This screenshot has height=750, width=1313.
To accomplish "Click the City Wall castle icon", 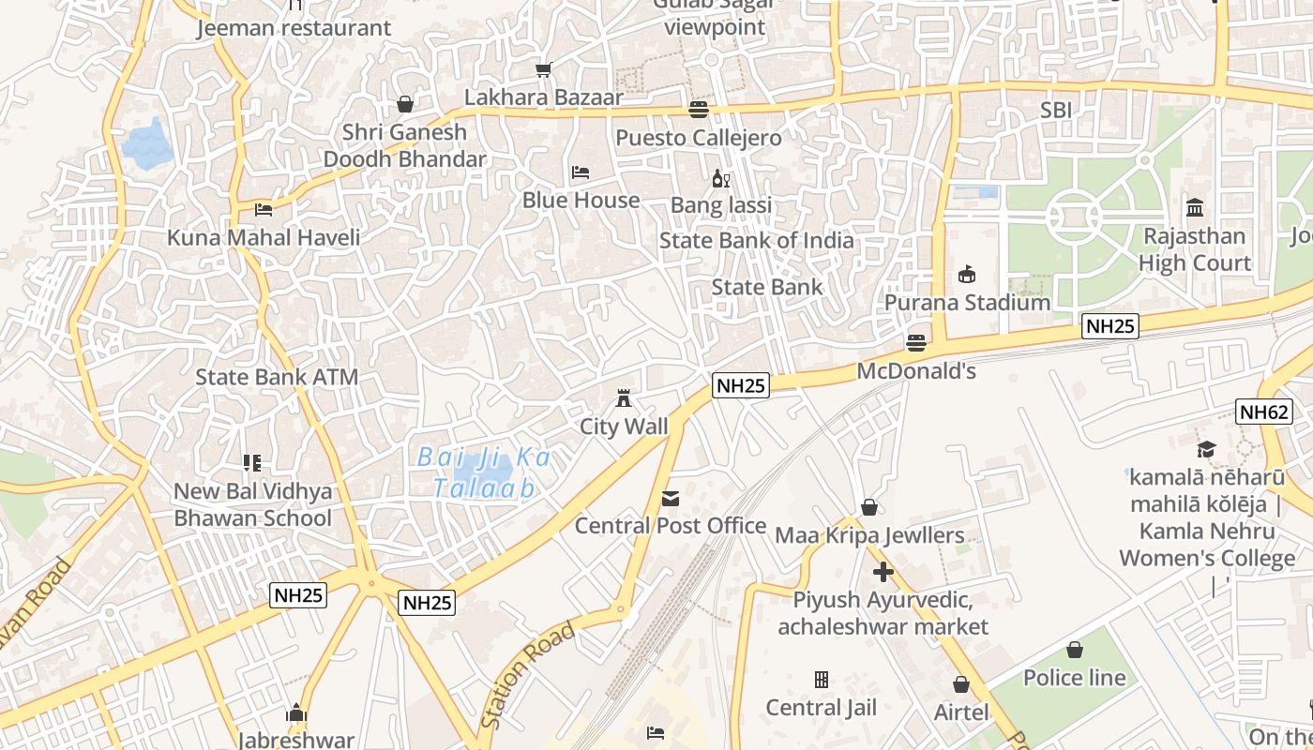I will (623, 399).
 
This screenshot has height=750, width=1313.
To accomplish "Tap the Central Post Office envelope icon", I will (671, 499).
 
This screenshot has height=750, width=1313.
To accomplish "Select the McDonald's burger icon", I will (916, 343).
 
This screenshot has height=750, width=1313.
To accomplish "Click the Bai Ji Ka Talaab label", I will (484, 472).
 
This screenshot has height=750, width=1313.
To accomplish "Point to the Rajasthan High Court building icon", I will (1195, 207).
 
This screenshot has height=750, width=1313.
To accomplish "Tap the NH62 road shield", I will (1264, 412).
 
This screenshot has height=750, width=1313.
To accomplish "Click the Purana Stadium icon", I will (967, 275).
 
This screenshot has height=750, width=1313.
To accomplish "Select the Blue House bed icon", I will (581, 172).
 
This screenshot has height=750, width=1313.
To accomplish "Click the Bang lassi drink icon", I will (720, 178).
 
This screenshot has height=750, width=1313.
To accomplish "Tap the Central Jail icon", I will (822, 679).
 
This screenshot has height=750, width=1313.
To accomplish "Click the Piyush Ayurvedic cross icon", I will (883, 571).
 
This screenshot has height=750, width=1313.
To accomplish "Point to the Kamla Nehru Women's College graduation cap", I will (1206, 450).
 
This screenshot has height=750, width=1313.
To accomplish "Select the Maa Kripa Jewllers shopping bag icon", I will (869, 507).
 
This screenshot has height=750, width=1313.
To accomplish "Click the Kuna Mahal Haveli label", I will (264, 237).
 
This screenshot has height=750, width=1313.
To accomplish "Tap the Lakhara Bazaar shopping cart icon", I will (543, 69).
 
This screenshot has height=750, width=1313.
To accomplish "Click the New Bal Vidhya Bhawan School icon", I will (252, 462).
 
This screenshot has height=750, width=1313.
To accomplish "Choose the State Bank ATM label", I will (277, 377).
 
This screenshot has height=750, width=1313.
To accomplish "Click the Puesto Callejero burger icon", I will (698, 110).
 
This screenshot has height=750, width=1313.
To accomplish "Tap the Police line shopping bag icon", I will (1075, 650).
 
